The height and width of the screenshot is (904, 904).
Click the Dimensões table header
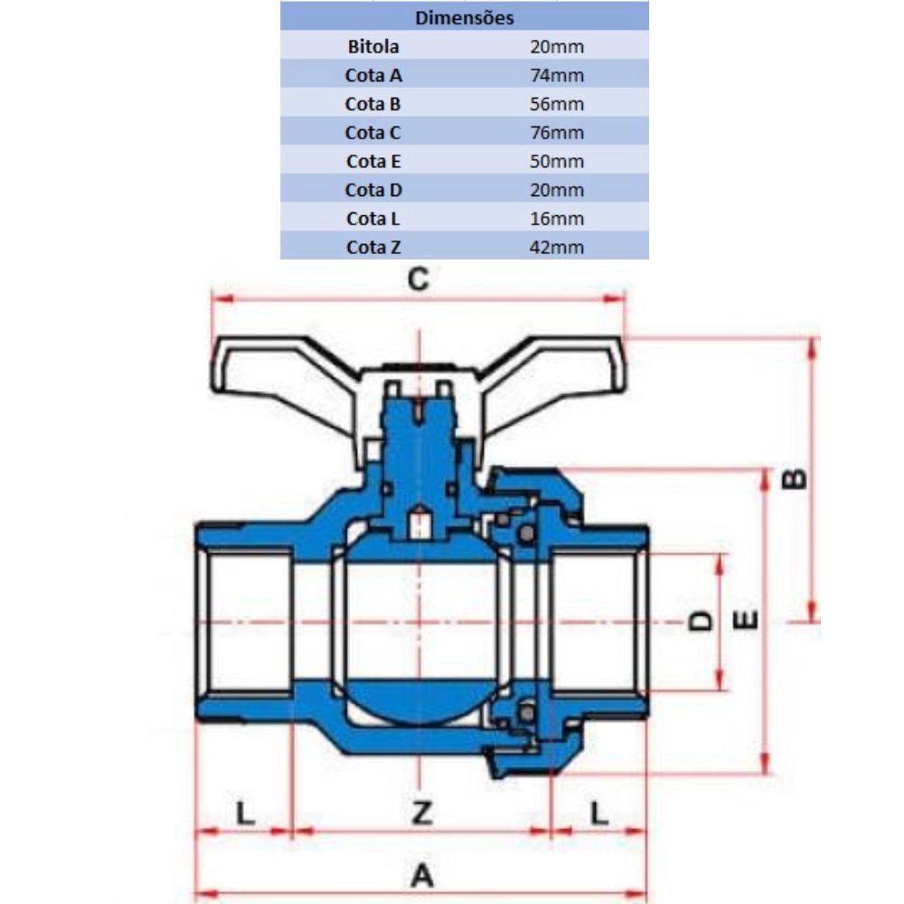coord(465,17)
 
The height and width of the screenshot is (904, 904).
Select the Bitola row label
coord(372,46)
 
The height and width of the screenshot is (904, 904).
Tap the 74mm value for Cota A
coord(557,75)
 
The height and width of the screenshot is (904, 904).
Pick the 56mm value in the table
coord(557,104)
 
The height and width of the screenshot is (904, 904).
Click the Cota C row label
coord(372,133)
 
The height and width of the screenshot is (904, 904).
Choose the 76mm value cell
coord(557,133)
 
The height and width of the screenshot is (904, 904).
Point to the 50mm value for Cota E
coord(557,162)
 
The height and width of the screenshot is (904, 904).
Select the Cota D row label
coord(372,190)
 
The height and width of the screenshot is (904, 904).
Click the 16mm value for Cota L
coord(557,219)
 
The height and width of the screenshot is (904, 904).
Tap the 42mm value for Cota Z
coord(557,248)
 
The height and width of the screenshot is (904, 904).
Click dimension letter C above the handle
coord(417,280)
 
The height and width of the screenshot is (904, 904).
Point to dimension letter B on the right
coord(794,479)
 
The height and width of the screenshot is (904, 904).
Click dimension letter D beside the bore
coord(699,620)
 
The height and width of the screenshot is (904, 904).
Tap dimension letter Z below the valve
coord(420,814)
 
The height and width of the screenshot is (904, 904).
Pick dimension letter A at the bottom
coord(422,875)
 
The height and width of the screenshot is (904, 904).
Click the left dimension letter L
coord(244,814)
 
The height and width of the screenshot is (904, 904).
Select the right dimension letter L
coord(599,814)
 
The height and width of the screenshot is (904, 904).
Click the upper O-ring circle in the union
coord(523,537)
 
